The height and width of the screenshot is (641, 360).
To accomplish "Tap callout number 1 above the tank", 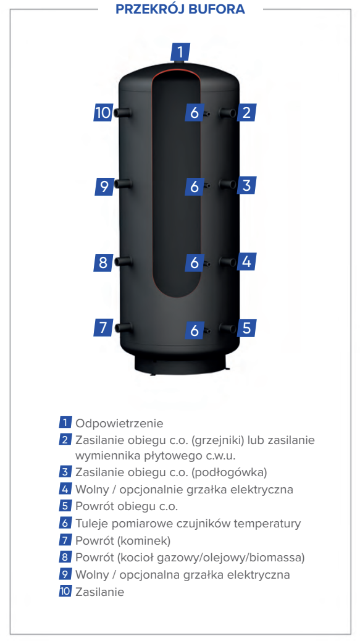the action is click(180, 52).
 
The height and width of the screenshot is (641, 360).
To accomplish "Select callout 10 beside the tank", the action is click(103, 112).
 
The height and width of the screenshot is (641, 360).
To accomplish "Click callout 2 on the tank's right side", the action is click(246, 112).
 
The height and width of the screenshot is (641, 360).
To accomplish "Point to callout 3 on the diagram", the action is click(246, 185).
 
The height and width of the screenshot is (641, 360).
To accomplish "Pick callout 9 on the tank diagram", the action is click(104, 186).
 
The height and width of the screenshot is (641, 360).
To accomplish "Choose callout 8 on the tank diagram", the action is click(103, 262).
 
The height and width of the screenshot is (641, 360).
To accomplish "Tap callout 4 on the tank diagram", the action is click(246, 261).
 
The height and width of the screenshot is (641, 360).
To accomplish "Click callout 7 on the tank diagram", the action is click(103, 327).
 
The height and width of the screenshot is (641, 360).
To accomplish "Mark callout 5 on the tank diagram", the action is click(246, 327).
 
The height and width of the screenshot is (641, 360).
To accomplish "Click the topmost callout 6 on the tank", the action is click(195, 112).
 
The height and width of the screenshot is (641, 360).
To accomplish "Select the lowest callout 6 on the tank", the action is click(195, 330).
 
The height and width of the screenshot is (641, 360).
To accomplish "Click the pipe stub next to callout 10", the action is click(123, 113).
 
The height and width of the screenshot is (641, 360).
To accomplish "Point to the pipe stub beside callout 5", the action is click(228, 329).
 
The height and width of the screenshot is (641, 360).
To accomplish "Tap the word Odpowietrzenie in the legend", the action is click(119, 423).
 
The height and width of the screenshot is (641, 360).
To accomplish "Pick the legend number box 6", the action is click(65, 523).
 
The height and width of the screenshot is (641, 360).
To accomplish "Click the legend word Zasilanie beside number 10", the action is click(99, 592).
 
